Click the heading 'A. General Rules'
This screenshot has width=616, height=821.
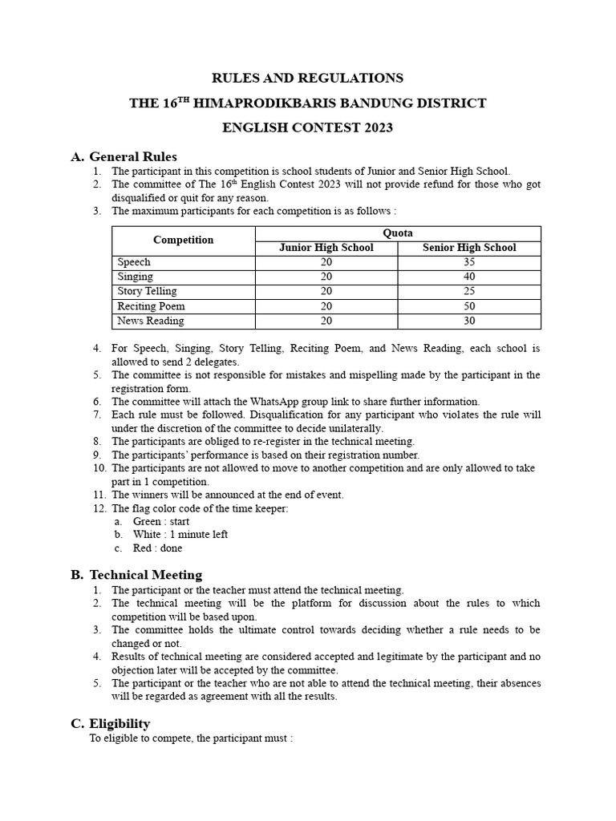click(x=124, y=156)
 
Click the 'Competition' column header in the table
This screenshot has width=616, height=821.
click(x=184, y=240)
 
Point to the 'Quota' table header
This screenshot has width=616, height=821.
click(x=398, y=233)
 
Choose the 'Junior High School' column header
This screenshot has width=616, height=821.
click(x=326, y=248)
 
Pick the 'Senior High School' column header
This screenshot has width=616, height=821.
click(x=469, y=248)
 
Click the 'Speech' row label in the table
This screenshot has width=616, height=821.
click(x=134, y=262)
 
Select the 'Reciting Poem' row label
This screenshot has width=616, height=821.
click(x=151, y=306)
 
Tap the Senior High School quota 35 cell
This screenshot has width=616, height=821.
click(x=469, y=262)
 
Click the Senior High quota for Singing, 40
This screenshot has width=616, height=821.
click(x=469, y=277)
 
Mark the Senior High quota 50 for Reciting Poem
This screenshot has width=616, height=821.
click(x=469, y=306)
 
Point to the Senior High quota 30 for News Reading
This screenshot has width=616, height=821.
click(x=469, y=321)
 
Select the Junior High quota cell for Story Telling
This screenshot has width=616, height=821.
click(x=326, y=291)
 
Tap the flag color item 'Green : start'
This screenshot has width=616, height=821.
click(x=161, y=521)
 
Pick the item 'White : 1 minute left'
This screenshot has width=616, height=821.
click(x=180, y=535)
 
